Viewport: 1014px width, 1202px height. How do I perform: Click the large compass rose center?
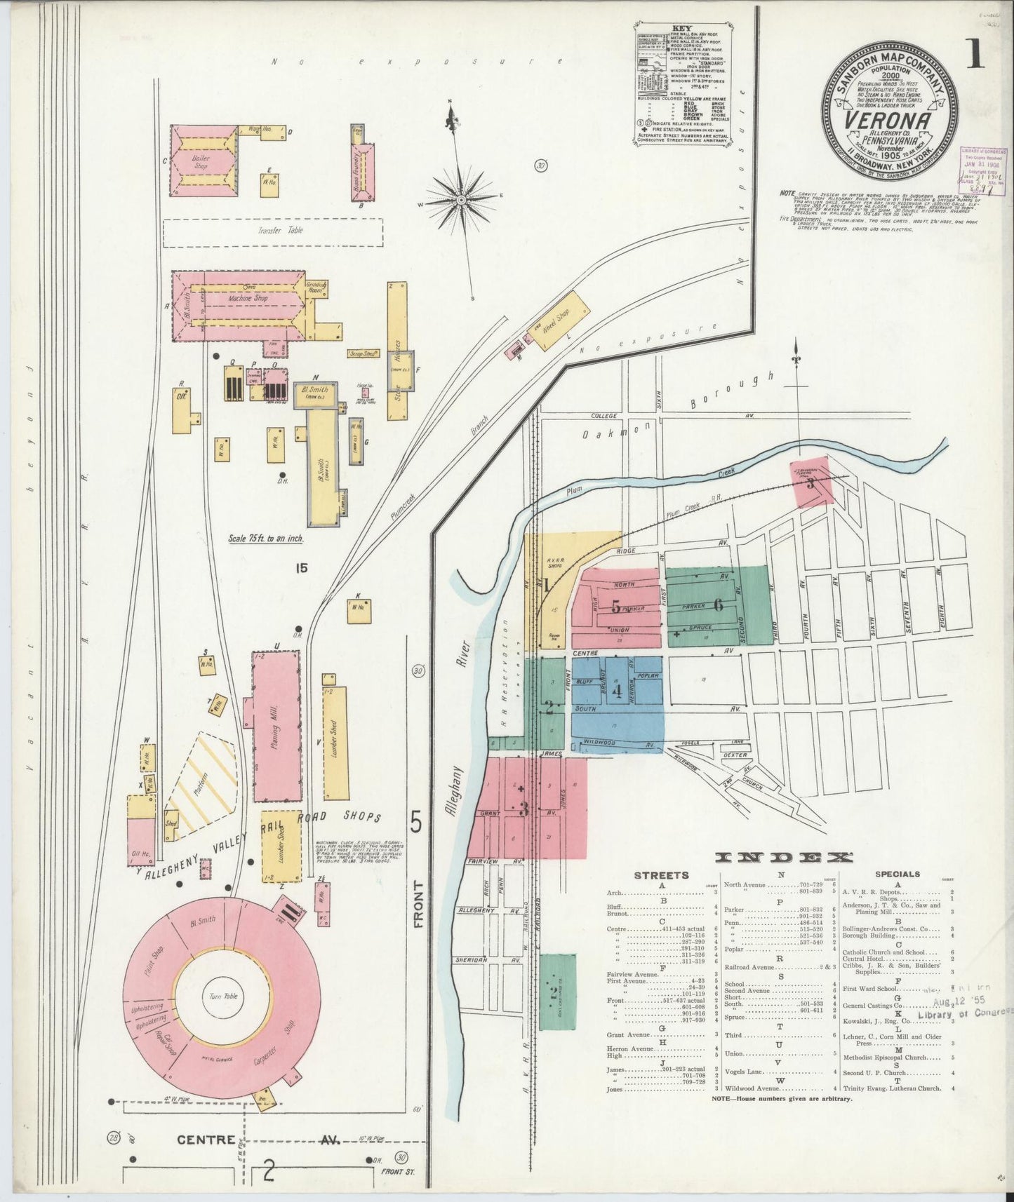coord(462,201)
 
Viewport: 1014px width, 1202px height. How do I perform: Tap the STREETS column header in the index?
coord(661,875)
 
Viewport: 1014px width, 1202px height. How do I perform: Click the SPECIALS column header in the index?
coord(897,874)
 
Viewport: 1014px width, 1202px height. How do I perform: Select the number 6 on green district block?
coord(718,604)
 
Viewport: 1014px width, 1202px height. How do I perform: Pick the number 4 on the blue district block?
coord(617,691)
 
